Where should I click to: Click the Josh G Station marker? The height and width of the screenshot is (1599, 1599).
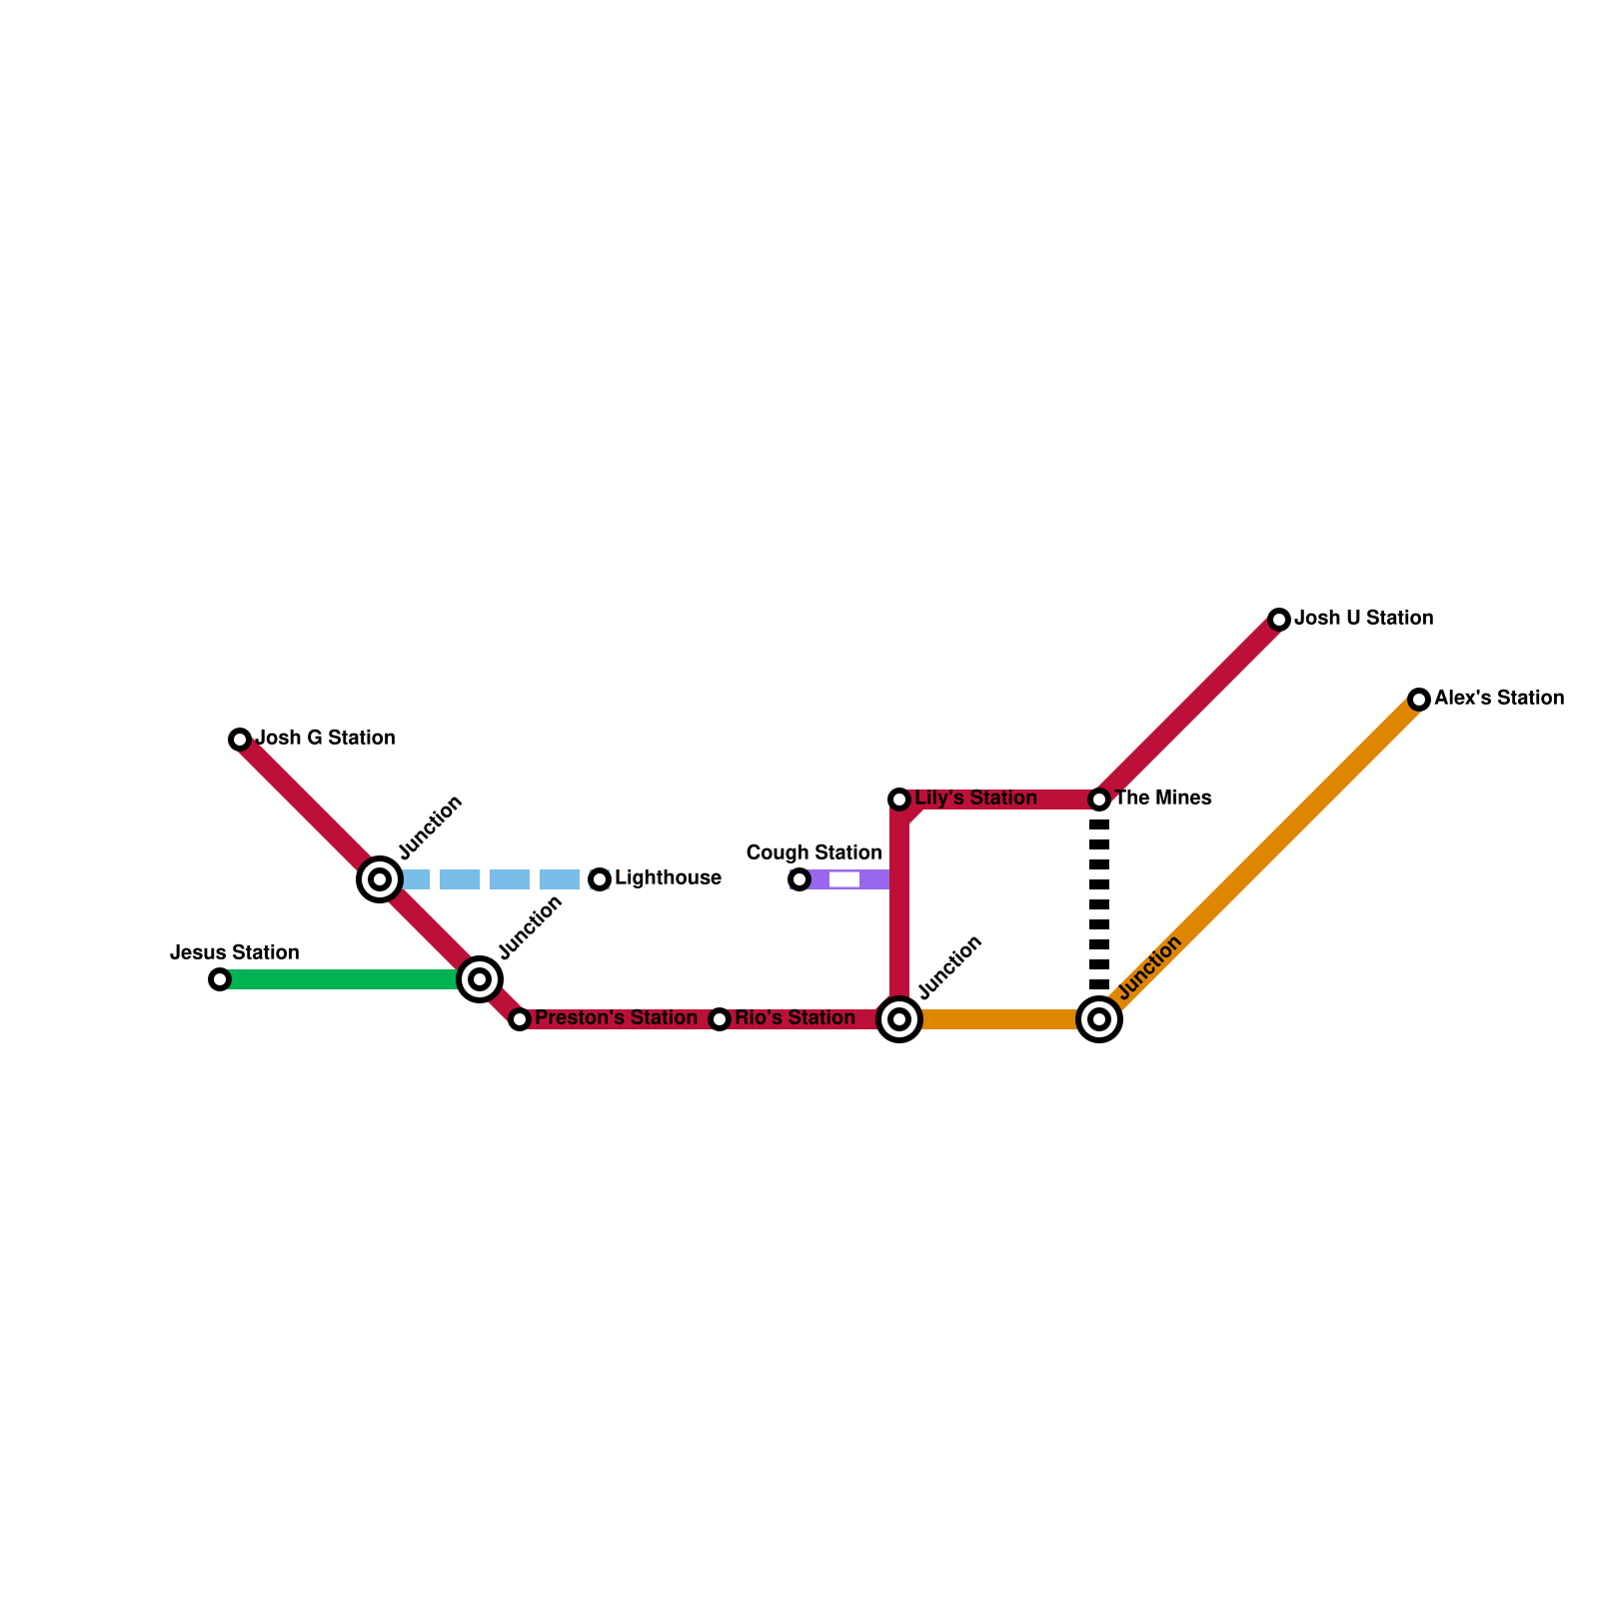tap(240, 740)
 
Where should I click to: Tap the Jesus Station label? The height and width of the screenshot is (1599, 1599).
tap(235, 952)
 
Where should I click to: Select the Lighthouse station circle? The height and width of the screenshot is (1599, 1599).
tap(600, 879)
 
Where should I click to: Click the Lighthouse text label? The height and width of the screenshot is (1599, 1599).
tap(668, 878)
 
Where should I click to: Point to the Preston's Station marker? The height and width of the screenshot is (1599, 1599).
tap(520, 1019)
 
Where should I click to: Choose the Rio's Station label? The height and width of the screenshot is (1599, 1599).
tap(795, 1018)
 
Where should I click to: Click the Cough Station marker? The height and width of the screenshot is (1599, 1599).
tap(799, 879)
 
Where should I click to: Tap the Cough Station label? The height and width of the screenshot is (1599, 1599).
tap(813, 852)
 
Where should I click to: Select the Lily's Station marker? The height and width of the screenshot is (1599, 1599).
tap(899, 799)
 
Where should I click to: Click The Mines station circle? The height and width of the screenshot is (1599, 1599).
tap(1099, 799)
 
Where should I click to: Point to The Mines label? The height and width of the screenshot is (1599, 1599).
tap(1162, 799)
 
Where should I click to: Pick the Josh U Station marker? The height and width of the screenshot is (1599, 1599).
tap(1279, 620)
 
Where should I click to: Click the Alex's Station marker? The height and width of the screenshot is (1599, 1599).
tap(1419, 700)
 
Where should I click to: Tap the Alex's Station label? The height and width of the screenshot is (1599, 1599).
tap(1499, 699)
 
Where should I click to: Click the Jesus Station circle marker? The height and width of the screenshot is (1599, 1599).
tap(220, 979)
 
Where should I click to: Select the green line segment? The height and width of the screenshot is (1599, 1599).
tap(340, 979)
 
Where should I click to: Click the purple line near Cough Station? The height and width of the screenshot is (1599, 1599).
tap(869, 879)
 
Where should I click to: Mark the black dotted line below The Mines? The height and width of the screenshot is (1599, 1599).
tap(1099, 904)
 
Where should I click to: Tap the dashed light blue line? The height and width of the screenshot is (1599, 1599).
tap(490, 879)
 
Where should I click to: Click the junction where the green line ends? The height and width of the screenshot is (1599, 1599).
tap(480, 979)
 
